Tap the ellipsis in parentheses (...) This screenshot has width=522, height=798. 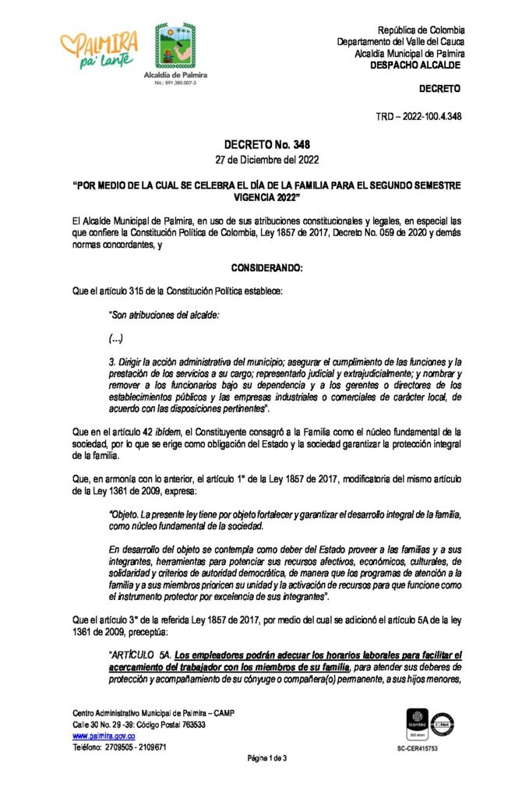[117, 338]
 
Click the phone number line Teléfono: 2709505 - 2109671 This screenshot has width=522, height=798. [119, 747]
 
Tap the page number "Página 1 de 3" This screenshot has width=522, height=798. [267, 758]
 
